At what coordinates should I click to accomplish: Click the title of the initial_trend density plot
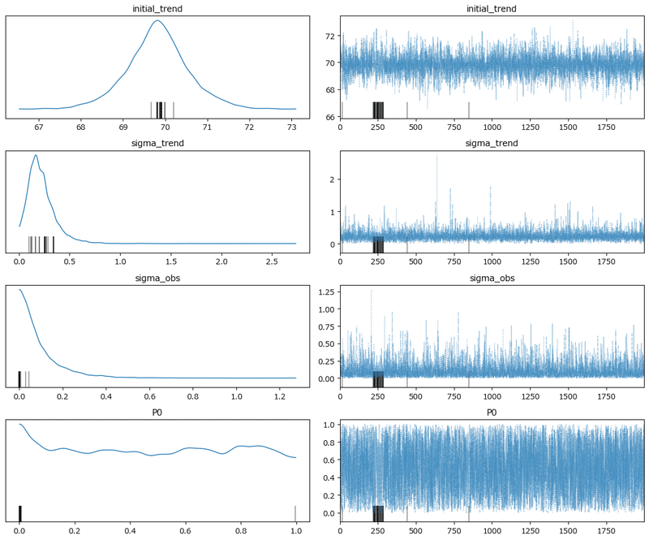click(x=157, y=9)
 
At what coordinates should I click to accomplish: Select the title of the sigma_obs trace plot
click(x=492, y=279)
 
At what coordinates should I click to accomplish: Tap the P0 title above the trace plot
click(x=492, y=413)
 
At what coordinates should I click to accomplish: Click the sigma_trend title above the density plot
click(x=157, y=144)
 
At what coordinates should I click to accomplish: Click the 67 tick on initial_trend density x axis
click(x=39, y=127)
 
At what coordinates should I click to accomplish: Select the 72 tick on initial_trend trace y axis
click(x=329, y=37)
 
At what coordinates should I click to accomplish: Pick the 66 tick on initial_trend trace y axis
click(x=329, y=117)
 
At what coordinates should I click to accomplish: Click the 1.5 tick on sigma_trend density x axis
click(x=171, y=261)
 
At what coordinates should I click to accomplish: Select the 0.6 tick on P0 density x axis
click(x=185, y=530)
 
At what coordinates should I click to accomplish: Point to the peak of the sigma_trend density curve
click(x=36, y=154)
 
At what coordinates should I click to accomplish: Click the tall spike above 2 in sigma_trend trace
click(x=436, y=157)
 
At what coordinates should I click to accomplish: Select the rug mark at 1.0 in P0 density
click(x=295, y=513)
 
